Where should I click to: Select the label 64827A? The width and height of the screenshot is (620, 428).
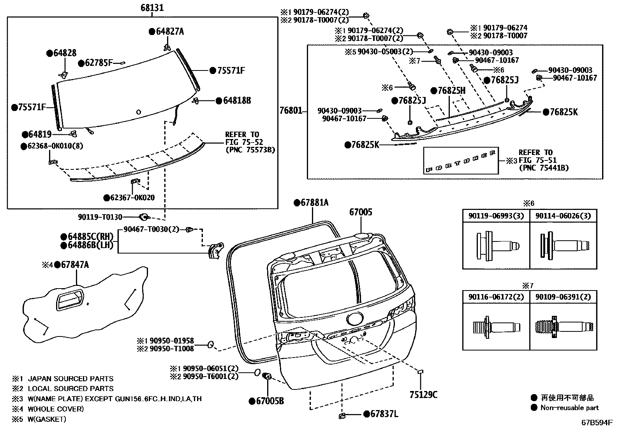click(x=169, y=32)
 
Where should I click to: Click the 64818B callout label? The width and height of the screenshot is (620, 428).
click(x=236, y=100)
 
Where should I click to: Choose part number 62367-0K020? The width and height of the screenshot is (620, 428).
click(x=132, y=198)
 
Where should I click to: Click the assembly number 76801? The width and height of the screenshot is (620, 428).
click(x=291, y=111)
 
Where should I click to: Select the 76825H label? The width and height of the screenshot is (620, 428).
click(x=451, y=91)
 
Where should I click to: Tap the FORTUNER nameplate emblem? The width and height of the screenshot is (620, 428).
click(x=461, y=160)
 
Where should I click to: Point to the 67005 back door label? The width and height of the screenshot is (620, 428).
click(x=360, y=212)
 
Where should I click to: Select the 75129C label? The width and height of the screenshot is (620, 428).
click(x=423, y=395)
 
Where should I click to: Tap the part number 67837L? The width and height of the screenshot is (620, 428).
click(x=384, y=414)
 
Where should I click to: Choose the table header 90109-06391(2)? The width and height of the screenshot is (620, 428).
click(x=563, y=297)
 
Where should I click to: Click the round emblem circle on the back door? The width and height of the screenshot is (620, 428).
click(x=354, y=319)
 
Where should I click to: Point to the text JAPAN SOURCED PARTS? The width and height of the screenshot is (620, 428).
click(x=70, y=379)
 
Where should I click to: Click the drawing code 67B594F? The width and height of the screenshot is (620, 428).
click(x=597, y=423)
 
